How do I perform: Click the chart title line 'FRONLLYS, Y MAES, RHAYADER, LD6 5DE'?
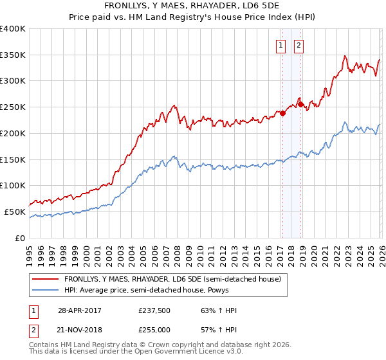click(192, 6)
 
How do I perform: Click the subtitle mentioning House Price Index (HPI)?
click(192, 17)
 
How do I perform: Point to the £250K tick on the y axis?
click(13, 107)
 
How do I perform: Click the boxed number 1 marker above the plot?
click(282, 45)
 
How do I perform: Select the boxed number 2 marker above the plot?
click(300, 45)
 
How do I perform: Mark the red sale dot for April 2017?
click(282, 113)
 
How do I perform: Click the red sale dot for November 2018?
click(300, 104)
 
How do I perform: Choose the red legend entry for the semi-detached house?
click(172, 280)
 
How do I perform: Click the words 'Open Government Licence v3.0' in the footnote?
click(187, 352)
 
